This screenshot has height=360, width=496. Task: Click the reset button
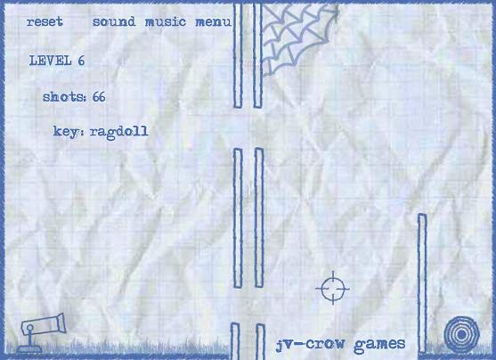[45, 21]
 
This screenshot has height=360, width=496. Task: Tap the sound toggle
[114, 21]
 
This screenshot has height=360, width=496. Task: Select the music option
[166, 21]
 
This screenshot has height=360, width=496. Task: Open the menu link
[214, 22]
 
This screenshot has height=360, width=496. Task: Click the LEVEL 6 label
[57, 61]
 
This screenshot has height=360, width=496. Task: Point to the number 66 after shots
[99, 96]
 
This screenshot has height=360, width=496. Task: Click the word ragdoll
[119, 132]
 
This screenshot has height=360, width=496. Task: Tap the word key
[65, 131]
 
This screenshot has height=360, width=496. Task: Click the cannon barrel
[44, 323]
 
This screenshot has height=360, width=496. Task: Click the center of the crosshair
[333, 288]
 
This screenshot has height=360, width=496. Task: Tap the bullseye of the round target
[461, 334]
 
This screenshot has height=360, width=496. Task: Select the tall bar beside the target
[422, 283]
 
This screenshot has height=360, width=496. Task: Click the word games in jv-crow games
[379, 344]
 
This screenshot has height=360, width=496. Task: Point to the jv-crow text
[310, 345]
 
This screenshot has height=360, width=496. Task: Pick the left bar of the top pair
[238, 55]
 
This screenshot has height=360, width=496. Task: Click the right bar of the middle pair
[259, 217]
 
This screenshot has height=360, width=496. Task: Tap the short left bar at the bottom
[235, 341]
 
